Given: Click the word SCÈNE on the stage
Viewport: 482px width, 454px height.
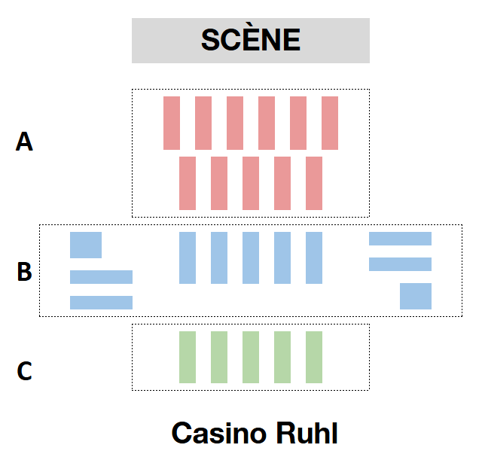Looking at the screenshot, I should [250, 40].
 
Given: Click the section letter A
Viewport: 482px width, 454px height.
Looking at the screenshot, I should [25, 142].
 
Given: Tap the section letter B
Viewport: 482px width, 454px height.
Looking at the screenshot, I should [25, 271].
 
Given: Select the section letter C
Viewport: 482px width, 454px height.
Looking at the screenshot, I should [25, 371].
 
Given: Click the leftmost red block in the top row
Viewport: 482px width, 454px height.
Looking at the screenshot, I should [172, 123].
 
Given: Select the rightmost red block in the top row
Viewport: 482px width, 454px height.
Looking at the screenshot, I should [330, 123].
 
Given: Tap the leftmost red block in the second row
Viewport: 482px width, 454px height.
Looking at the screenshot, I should [188, 183].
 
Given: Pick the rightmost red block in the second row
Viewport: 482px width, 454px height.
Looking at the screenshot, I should [314, 183].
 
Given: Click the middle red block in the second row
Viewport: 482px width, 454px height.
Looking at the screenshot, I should [251, 183].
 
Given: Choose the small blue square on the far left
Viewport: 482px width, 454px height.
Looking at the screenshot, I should [86, 245].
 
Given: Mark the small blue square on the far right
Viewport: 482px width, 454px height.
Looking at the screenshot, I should [416, 296].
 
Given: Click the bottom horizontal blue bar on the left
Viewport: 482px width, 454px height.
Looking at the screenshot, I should [101, 303].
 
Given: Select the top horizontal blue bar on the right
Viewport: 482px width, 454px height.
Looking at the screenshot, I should [400, 239].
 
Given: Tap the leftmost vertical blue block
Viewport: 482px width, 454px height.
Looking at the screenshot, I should [188, 257].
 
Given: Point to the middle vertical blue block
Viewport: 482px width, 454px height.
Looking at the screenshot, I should [251, 257].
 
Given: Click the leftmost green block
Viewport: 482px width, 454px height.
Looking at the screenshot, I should [188, 357].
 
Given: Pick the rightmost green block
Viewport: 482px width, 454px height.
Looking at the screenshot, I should [314, 357].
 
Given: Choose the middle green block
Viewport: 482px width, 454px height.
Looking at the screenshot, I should [251, 357].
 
